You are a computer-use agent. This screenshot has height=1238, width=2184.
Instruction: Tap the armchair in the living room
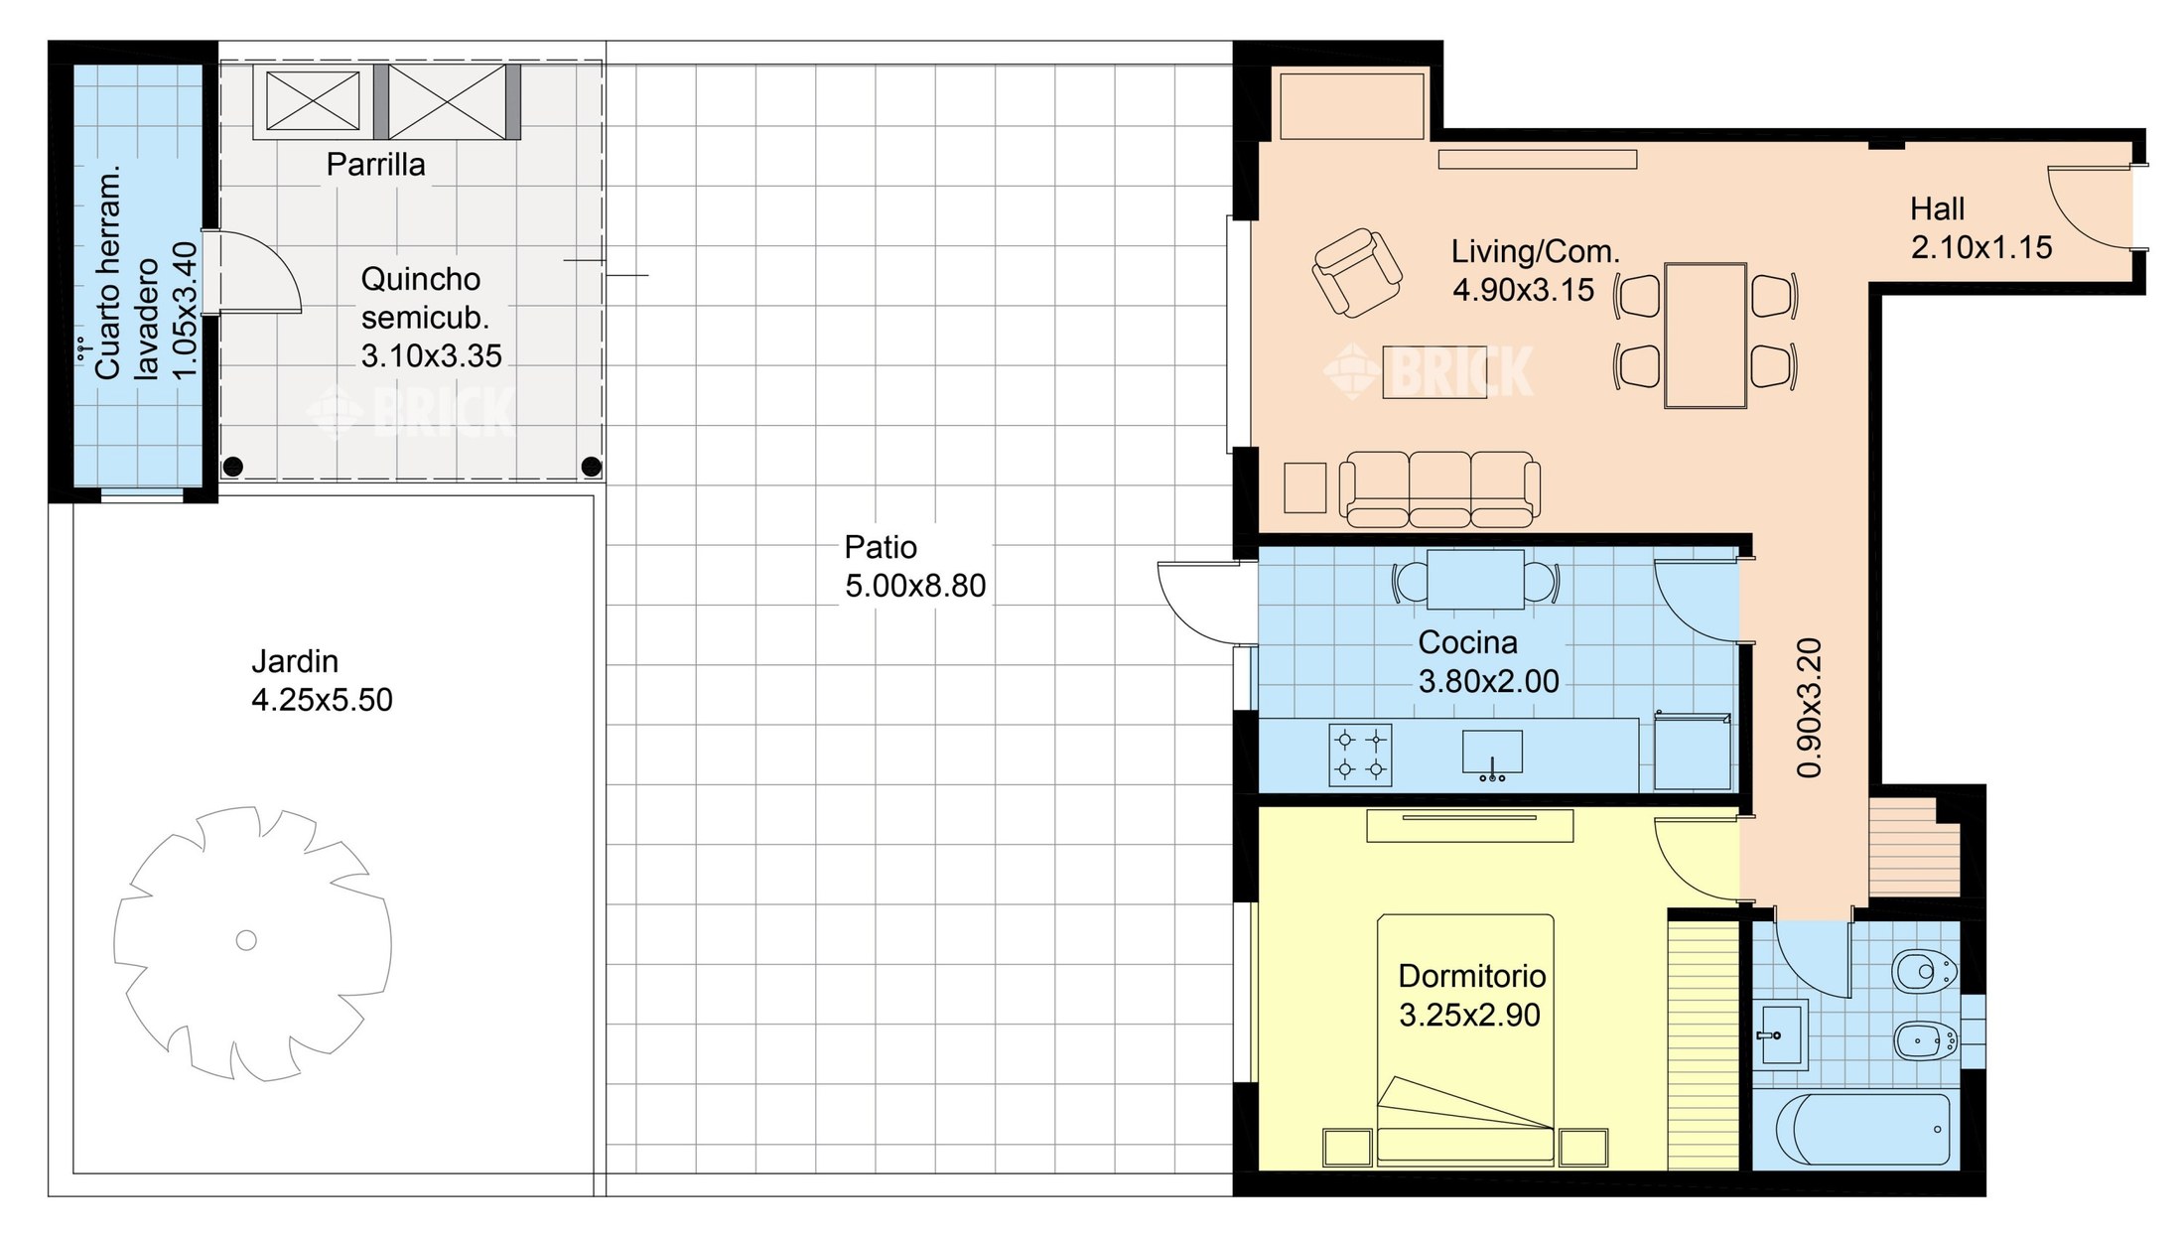(1356, 273)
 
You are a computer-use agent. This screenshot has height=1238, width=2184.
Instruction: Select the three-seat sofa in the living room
(1439, 488)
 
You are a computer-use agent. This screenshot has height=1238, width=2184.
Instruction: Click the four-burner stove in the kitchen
(1360, 755)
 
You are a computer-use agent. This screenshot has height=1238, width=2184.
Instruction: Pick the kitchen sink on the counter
(1492, 755)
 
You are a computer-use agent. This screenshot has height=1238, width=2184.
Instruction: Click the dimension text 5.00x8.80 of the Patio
(915, 586)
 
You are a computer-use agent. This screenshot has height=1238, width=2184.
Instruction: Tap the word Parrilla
(375, 165)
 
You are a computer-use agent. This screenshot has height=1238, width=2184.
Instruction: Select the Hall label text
(1937, 208)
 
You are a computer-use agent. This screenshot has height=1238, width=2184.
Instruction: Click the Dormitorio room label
(1471, 976)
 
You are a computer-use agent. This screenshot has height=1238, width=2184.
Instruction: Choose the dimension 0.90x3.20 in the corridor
(1810, 707)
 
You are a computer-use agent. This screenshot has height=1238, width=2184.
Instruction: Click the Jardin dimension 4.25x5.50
(322, 700)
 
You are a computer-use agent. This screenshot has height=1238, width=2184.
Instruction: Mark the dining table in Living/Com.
(1705, 335)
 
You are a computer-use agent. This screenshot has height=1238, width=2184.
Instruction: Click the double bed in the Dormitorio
(1464, 1038)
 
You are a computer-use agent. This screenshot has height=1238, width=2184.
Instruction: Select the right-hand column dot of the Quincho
(591, 465)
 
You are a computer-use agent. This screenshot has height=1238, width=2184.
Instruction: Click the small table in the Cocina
(1475, 580)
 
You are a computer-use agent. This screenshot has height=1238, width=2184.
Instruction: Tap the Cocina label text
(1467, 642)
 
